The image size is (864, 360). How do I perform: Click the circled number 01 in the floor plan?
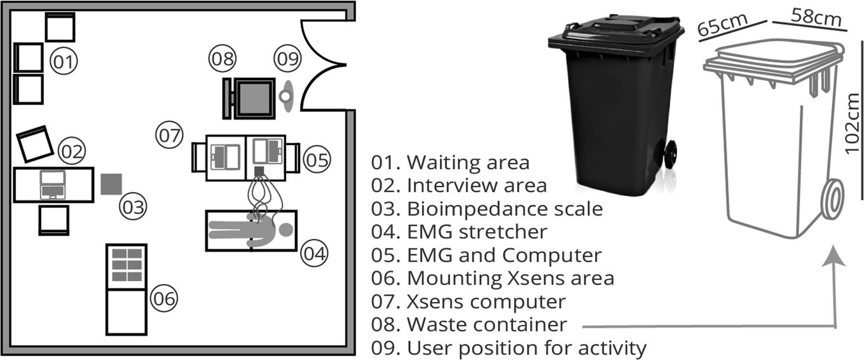(x=63, y=62)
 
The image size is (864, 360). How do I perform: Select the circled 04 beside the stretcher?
(x=314, y=253)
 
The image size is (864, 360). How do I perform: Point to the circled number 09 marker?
(x=287, y=59)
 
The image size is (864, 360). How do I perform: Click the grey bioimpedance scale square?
(x=112, y=184)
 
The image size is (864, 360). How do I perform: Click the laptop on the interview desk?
(x=53, y=184)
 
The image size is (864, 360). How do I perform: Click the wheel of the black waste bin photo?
(x=670, y=154)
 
